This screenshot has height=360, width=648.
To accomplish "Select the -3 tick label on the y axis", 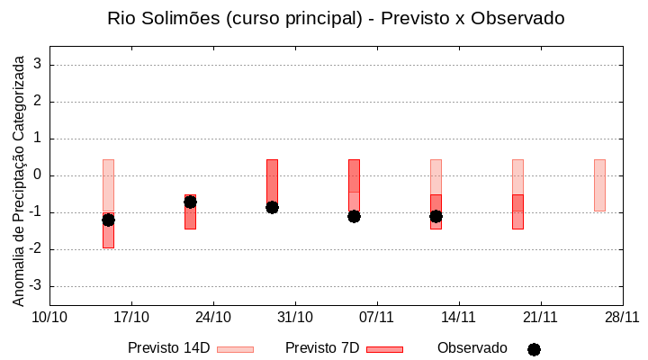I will [x=36, y=286].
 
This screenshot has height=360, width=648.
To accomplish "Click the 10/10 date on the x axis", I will [x=49, y=317].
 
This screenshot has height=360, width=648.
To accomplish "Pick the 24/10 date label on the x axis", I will [x=213, y=317].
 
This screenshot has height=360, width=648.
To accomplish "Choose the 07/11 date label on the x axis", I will [x=377, y=317].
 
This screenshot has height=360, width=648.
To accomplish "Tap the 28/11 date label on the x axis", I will [x=622, y=317].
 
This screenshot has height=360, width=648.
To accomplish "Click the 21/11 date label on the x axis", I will [x=540, y=317].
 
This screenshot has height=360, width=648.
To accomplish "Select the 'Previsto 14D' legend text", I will [x=168, y=348].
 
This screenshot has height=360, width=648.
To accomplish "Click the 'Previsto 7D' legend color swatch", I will [x=384, y=349].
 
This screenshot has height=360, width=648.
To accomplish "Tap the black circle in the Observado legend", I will [x=534, y=349].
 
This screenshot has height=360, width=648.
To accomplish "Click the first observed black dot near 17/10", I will [x=108, y=220].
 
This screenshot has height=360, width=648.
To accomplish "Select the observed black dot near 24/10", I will [x=190, y=202].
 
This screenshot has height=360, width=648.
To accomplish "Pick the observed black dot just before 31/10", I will [x=272, y=207].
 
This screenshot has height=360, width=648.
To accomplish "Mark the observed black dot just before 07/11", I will [x=354, y=216].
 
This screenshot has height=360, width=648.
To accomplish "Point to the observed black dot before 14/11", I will [x=436, y=216].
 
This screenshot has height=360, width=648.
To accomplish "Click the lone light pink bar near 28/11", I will [x=599, y=184].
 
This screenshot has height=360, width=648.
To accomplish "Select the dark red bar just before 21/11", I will [x=517, y=212].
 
